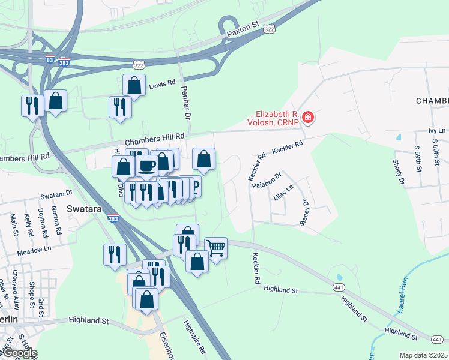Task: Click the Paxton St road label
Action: point(243,31)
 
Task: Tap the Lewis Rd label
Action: point(162,84)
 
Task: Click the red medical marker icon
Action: point(308,116)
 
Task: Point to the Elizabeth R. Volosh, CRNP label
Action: point(277,117)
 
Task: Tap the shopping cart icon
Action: point(215,248)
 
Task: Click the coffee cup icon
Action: point(147,166)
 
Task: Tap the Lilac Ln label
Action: point(283,196)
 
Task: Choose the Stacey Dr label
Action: point(304,212)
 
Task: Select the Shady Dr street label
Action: point(398,167)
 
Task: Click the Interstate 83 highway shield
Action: point(50,59)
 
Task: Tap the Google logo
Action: point(19,353)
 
